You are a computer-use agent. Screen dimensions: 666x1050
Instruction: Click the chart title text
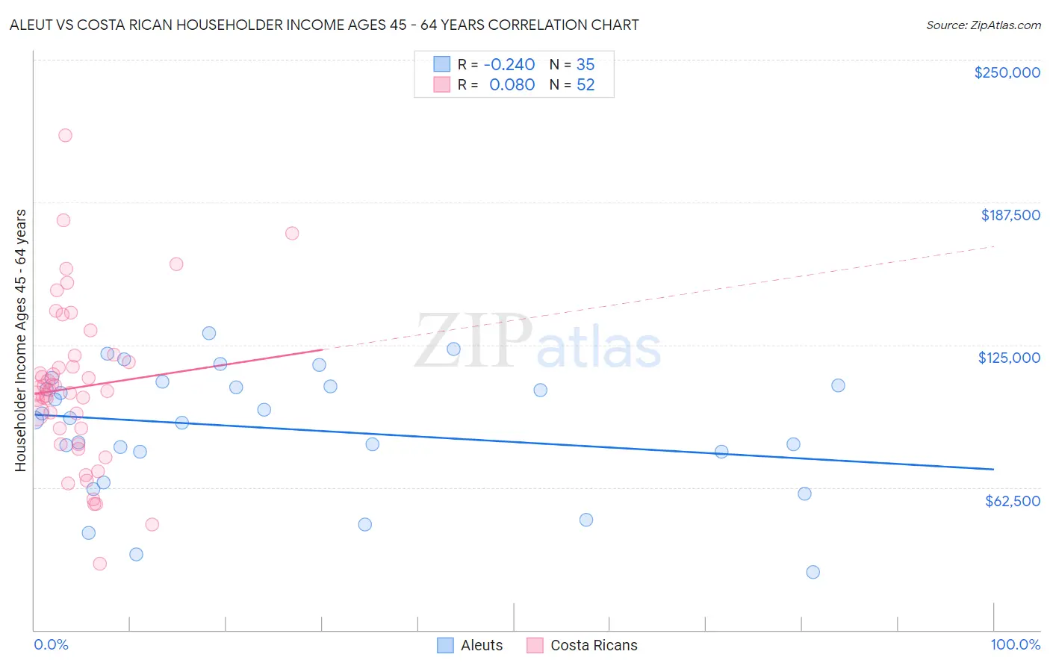click(x=324, y=25)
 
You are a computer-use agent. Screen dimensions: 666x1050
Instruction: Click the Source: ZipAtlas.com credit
click(x=983, y=25)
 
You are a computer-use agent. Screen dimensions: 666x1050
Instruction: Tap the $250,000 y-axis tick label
click(x=1007, y=72)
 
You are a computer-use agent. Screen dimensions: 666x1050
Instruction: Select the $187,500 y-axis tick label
click(x=1010, y=215)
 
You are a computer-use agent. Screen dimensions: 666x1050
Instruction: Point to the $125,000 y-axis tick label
click(x=1008, y=358)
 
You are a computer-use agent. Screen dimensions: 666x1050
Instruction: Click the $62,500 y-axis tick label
click(x=1012, y=501)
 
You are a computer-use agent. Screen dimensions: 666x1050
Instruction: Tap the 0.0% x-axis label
click(x=51, y=644)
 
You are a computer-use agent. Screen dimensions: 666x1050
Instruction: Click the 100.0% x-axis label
click(x=1015, y=644)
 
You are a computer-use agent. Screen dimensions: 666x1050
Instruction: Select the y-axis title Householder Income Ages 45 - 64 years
click(x=21, y=340)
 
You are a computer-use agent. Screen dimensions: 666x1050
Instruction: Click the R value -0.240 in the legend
click(x=509, y=65)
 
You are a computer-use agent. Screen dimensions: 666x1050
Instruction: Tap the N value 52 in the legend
click(x=585, y=85)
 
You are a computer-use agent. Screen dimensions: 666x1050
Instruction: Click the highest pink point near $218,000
click(x=65, y=135)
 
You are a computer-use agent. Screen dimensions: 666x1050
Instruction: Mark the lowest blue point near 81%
click(x=813, y=572)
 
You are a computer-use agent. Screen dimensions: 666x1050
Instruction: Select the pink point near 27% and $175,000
click(x=292, y=233)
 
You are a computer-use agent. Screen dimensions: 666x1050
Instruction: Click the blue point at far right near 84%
click(x=838, y=385)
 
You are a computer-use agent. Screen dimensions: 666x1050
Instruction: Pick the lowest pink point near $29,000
click(x=99, y=564)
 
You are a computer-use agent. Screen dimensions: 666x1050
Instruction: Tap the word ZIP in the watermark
click(x=473, y=340)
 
